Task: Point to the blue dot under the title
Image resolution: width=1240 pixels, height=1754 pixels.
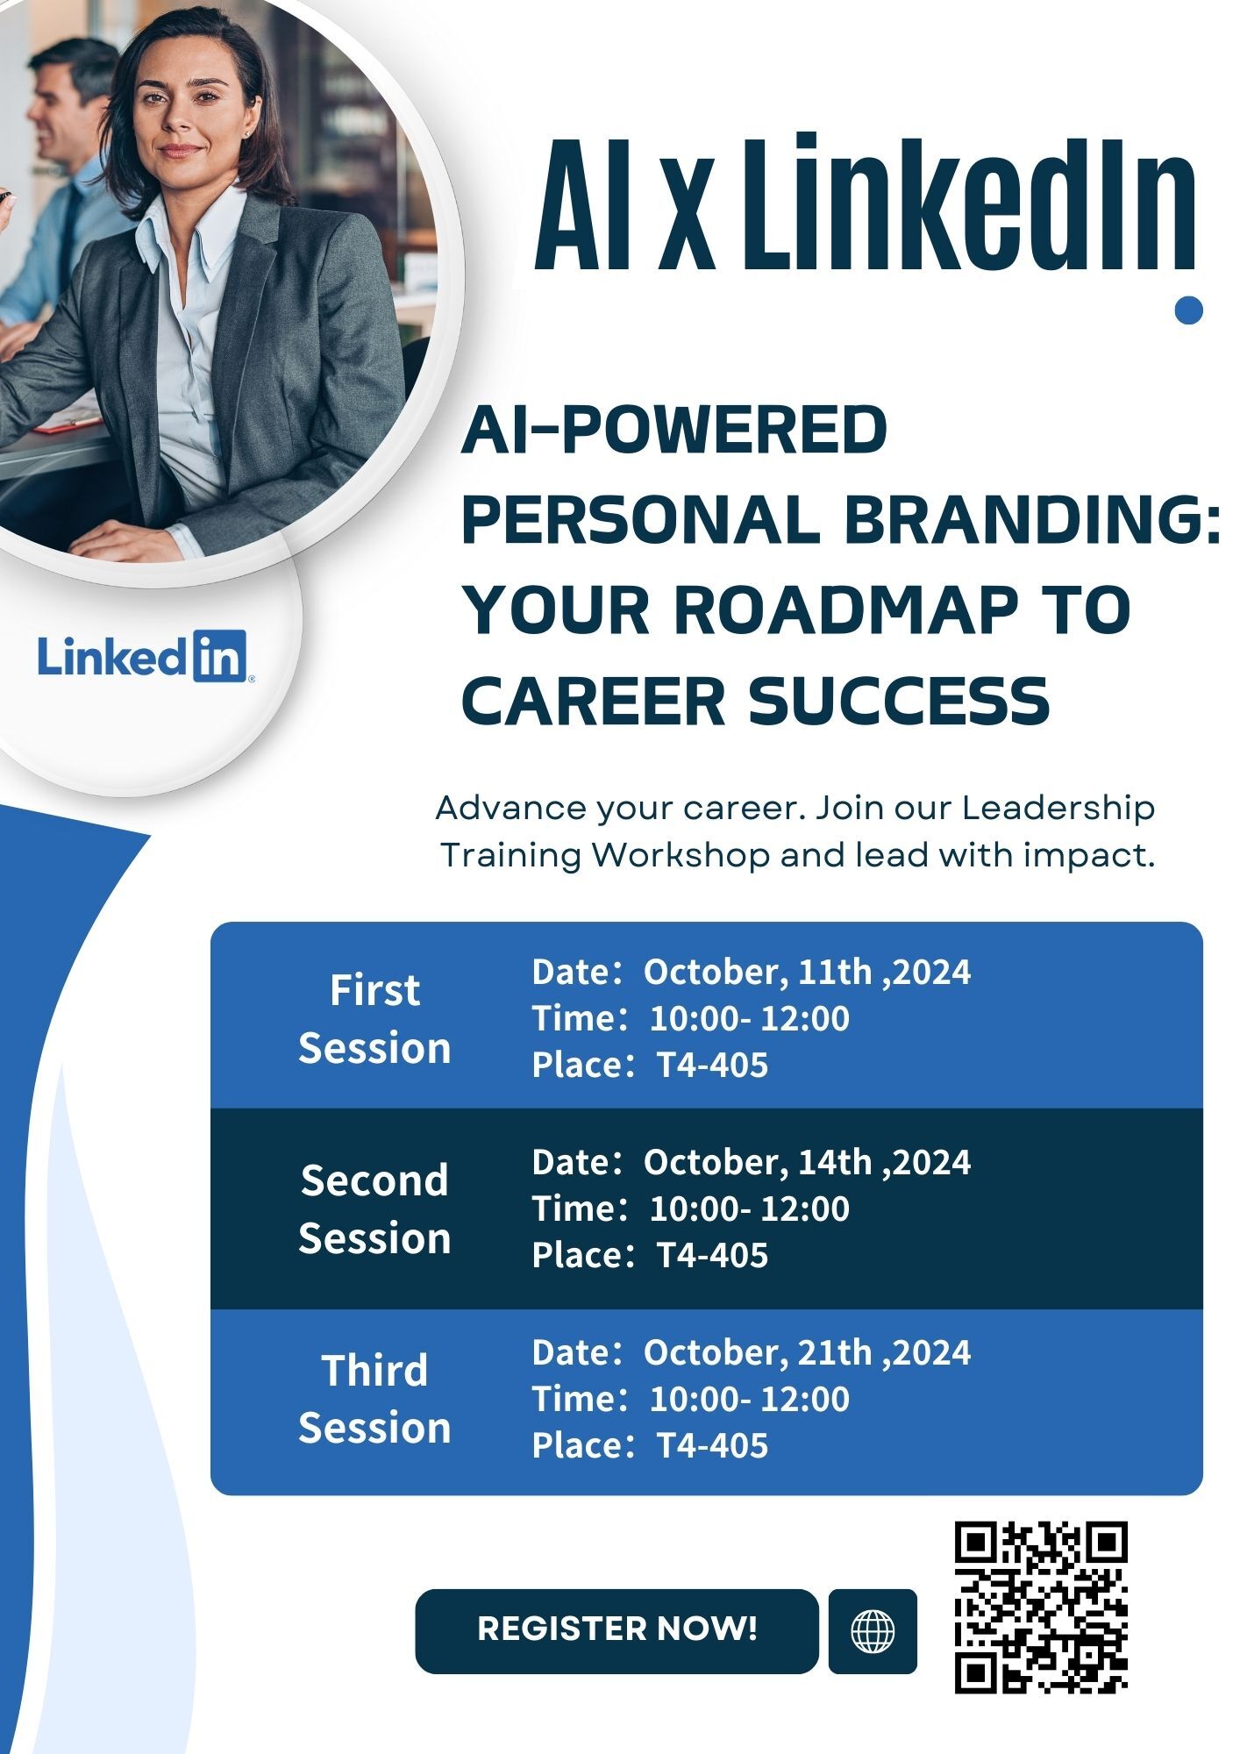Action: point(1188,310)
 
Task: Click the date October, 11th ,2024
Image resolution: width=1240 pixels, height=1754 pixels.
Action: point(807,973)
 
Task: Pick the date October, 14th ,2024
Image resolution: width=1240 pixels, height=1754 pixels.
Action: point(807,1163)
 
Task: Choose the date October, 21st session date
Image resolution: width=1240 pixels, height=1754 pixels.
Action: point(807,1353)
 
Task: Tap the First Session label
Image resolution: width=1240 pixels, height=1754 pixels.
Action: point(374,1019)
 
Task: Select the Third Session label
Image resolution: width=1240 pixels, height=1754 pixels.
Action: point(374,1399)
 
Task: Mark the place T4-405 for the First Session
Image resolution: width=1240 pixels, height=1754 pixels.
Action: point(712,1066)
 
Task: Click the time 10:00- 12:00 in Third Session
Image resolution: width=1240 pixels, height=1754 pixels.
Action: point(749,1399)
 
